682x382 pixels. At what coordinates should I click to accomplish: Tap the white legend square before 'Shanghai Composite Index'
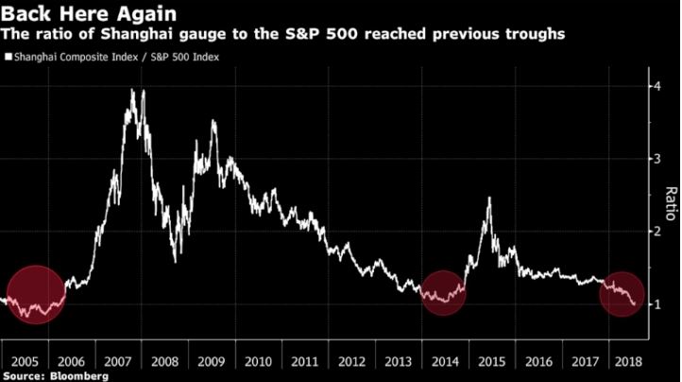tap(9, 57)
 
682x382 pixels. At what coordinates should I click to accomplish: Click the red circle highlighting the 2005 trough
tap(36, 294)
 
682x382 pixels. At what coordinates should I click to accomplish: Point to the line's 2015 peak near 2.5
tap(489, 198)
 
